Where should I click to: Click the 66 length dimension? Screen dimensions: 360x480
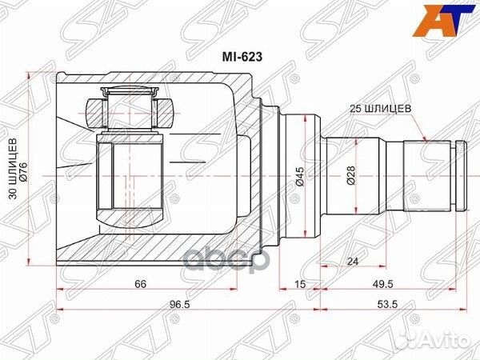click(x=140, y=283)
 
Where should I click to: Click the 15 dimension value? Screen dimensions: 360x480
click(x=300, y=283)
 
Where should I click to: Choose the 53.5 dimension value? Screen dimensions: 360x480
click(x=392, y=305)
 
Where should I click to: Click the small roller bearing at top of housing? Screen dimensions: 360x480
click(x=129, y=110)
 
